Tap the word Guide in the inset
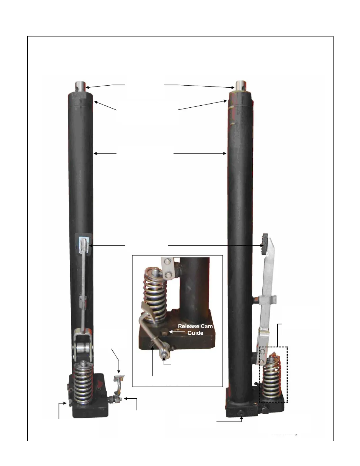pos(195,333)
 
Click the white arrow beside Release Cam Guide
pos(177,332)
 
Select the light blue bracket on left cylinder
pos(84,244)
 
